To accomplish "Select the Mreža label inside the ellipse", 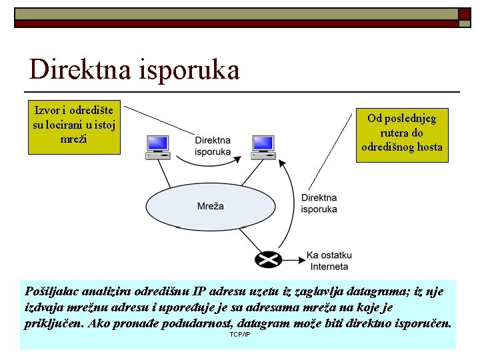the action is click(x=211, y=207).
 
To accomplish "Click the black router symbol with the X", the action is click(x=267, y=259).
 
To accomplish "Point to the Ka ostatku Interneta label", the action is click(x=329, y=261).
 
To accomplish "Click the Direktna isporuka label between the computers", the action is click(x=213, y=146).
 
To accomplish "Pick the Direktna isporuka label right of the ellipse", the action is click(x=319, y=203).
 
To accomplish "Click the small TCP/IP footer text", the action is click(x=239, y=333).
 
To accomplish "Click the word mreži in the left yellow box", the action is click(x=73, y=139).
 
